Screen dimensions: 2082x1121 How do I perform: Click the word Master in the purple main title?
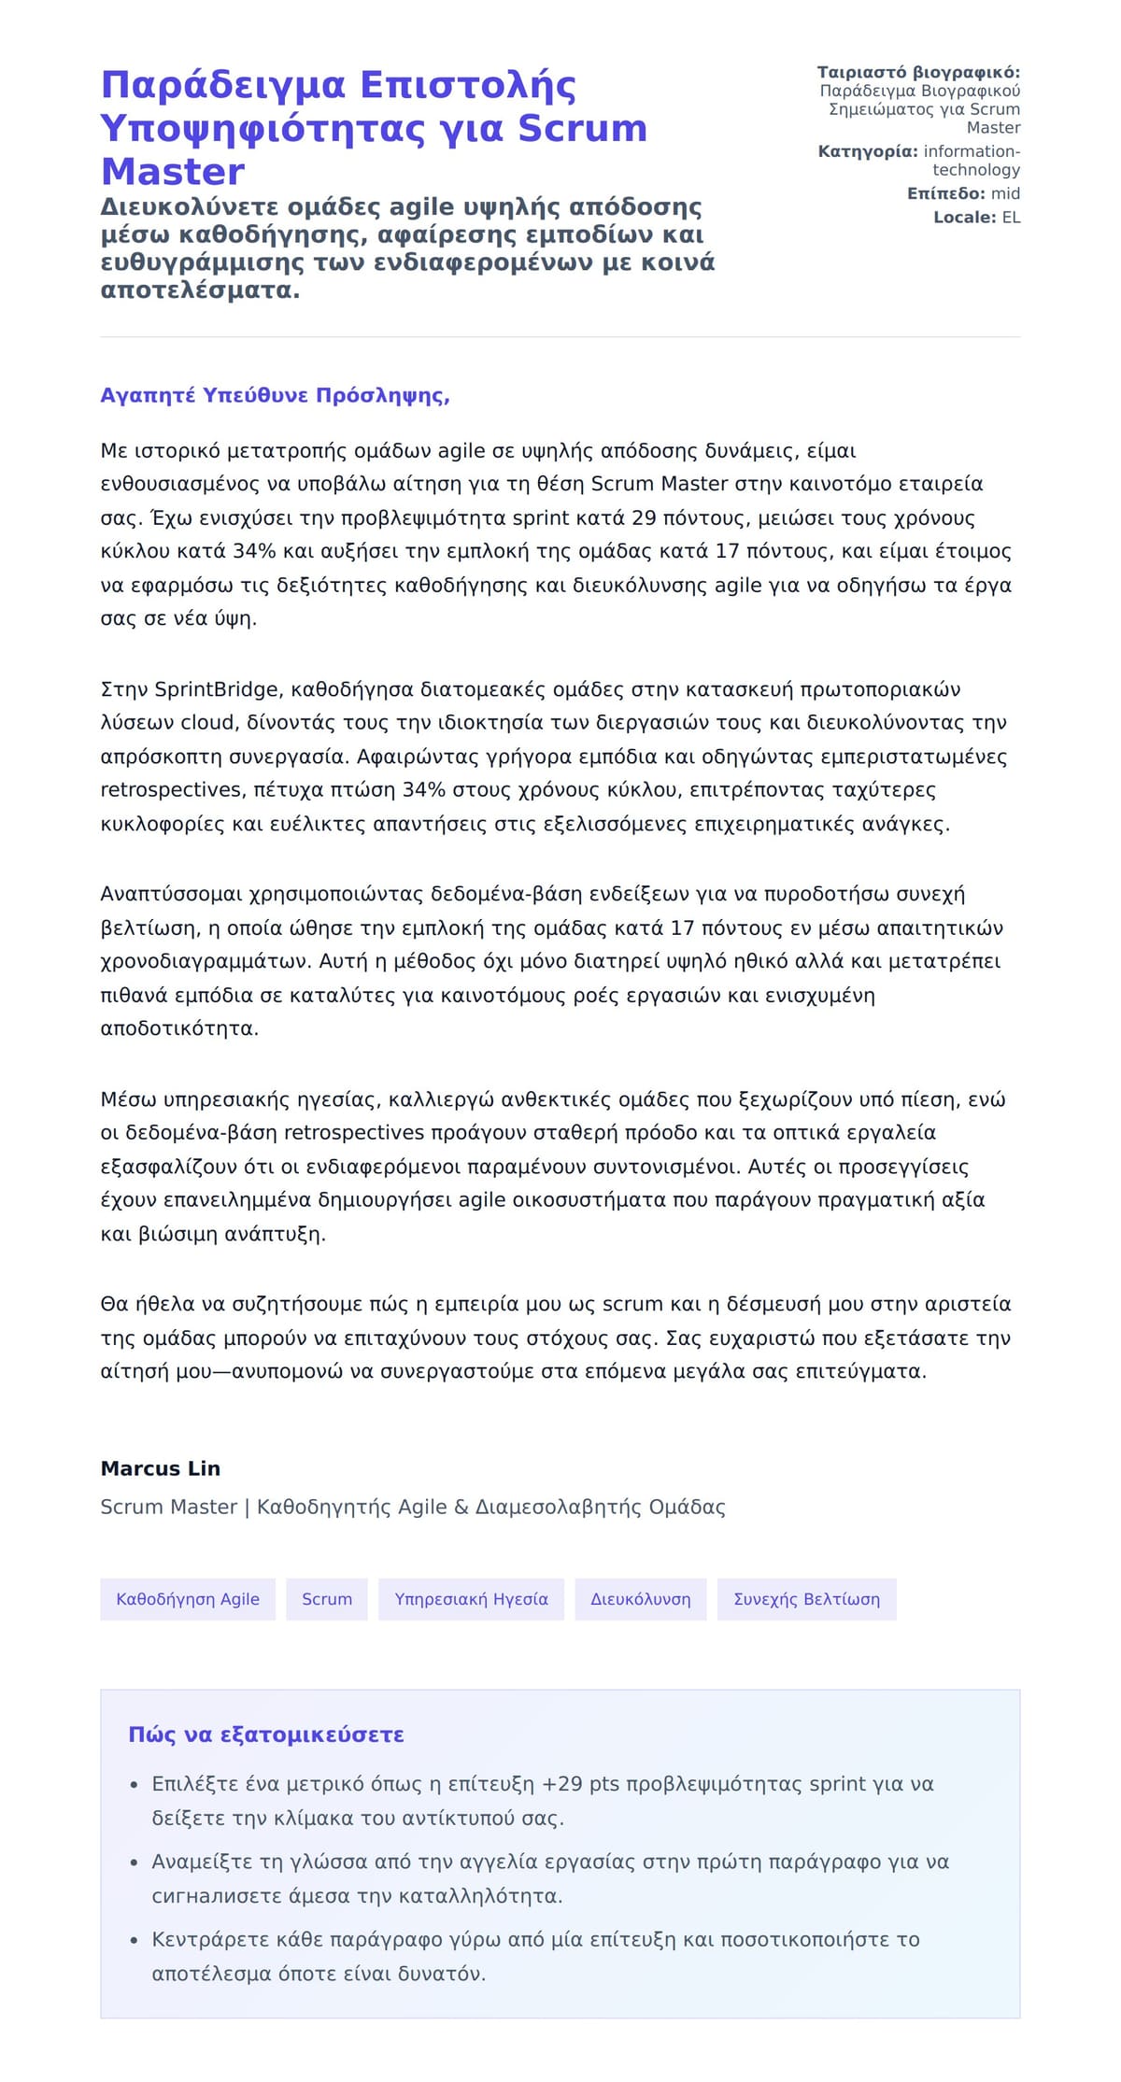[173, 172]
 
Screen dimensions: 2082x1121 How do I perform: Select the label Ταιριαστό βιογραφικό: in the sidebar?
[918, 72]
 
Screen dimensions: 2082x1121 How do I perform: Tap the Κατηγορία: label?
[868, 151]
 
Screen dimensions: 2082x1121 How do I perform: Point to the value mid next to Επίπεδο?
[1005, 193]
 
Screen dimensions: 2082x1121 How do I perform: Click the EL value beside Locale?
[1011, 217]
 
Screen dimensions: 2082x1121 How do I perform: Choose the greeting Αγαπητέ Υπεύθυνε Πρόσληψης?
[275, 395]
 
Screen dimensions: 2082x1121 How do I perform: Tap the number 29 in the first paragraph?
[644, 518]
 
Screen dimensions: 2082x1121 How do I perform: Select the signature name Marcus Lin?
[161, 1468]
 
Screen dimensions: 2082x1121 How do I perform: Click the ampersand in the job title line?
[461, 1507]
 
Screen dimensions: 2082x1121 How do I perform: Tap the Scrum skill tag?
[327, 1599]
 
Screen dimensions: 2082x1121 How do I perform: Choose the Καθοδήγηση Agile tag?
[188, 1599]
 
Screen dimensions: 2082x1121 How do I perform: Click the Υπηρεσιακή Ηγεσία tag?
[471, 1599]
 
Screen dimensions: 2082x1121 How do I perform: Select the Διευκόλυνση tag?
[641, 1599]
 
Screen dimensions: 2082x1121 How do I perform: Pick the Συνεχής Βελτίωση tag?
[806, 1599]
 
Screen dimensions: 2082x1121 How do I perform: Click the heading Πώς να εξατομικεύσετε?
[266, 1735]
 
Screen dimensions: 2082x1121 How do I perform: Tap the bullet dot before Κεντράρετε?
[135, 1941]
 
